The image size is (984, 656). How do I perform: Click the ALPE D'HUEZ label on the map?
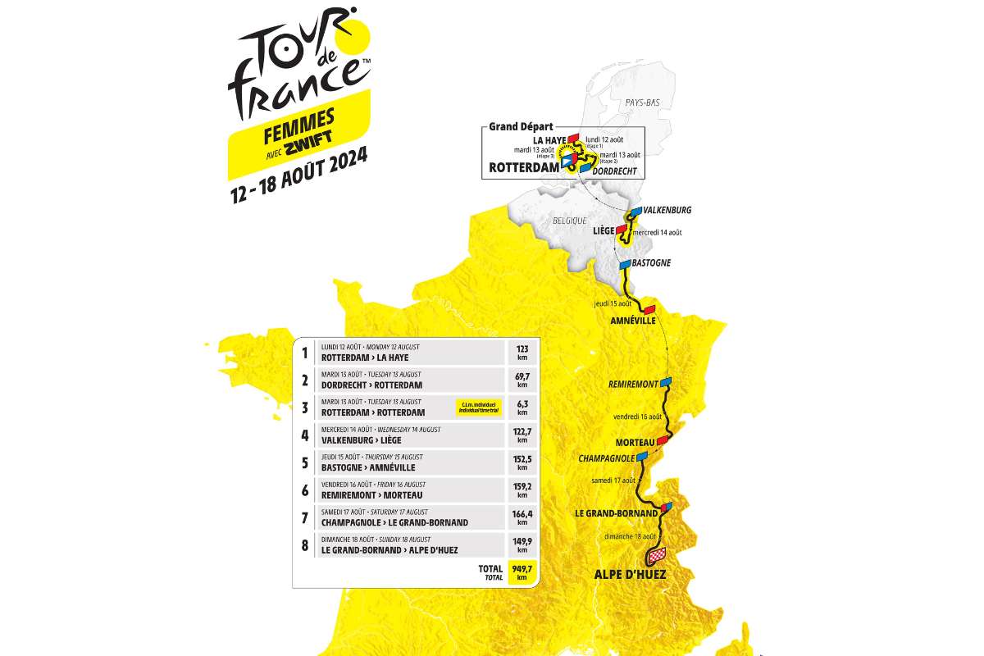point(629,575)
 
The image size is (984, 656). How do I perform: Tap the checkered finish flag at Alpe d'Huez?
point(657,556)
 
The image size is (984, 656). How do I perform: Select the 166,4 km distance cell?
point(521,517)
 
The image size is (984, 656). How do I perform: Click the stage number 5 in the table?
point(304,462)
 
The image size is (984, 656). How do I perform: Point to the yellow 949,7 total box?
point(521,571)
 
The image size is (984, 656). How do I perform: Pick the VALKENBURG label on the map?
point(667,210)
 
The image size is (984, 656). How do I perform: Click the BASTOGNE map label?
point(652,263)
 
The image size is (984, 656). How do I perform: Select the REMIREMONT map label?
point(634,384)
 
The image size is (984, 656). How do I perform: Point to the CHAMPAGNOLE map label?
point(607,458)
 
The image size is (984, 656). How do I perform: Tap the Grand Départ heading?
point(521,126)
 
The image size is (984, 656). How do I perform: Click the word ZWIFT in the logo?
point(307,139)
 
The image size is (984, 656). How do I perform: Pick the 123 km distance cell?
point(521,353)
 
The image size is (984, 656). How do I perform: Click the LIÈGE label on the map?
point(604,230)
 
